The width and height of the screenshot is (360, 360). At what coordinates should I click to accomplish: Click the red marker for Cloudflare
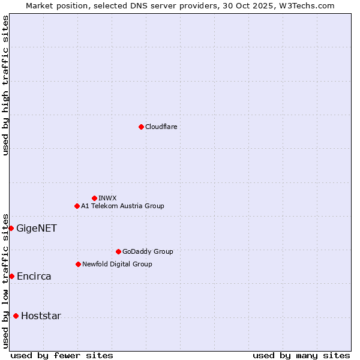click(141, 127)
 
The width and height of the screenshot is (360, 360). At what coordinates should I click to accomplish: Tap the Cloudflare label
click(161, 127)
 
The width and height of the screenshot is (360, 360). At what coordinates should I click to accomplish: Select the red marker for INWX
click(94, 198)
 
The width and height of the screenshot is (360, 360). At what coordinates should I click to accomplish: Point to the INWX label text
click(107, 198)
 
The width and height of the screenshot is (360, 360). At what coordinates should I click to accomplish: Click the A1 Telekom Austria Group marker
click(77, 206)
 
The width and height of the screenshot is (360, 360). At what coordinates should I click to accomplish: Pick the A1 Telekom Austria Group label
click(122, 206)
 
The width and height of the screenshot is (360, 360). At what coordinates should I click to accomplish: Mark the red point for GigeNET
click(11, 228)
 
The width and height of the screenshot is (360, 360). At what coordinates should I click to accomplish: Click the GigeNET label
click(37, 228)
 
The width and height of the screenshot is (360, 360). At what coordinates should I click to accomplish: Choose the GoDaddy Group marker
click(118, 251)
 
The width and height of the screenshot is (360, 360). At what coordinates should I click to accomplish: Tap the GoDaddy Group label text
click(148, 251)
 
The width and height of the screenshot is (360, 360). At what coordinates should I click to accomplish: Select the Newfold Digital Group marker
click(78, 264)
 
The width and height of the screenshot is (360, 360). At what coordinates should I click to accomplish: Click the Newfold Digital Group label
click(117, 264)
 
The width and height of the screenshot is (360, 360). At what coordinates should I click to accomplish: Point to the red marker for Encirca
click(11, 276)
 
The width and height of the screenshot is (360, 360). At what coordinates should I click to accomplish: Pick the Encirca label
click(34, 277)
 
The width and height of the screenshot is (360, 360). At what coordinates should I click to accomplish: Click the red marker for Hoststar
click(16, 316)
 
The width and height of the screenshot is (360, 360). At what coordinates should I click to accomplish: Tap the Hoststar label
click(41, 316)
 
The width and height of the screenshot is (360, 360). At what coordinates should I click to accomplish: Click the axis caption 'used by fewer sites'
click(62, 355)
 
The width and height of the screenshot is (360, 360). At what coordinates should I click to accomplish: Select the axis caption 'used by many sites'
click(301, 355)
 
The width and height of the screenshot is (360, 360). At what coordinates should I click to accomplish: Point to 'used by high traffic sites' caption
click(6, 85)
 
